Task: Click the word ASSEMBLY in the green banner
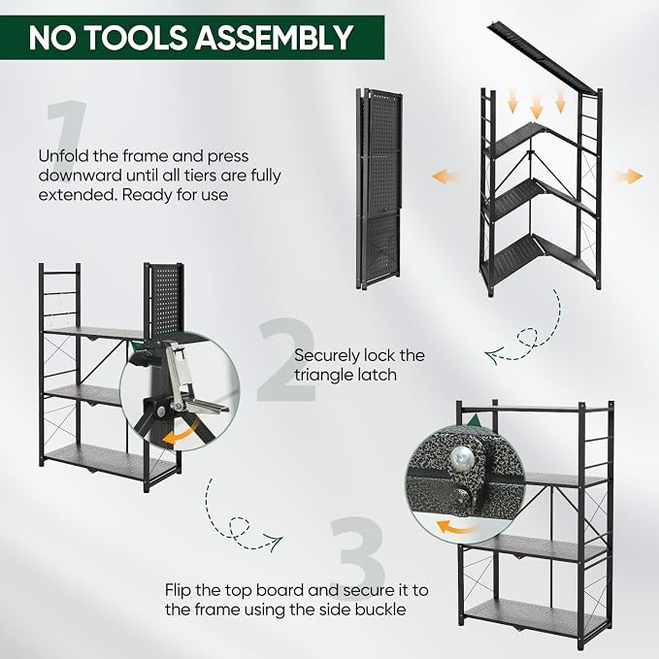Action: click(x=274, y=38)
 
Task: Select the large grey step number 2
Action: click(x=286, y=360)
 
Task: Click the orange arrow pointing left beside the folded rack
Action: click(x=445, y=176)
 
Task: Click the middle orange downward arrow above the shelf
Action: click(x=537, y=106)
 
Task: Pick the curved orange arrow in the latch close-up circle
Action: click(x=181, y=434)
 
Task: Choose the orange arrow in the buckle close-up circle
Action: click(x=458, y=527)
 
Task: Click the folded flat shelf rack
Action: click(x=379, y=188)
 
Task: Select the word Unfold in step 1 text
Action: click(x=63, y=156)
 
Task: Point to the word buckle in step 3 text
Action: click(x=380, y=610)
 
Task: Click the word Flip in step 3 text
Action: click(x=179, y=590)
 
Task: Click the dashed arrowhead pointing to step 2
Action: click(x=493, y=355)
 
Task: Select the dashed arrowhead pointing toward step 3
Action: click(x=276, y=543)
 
